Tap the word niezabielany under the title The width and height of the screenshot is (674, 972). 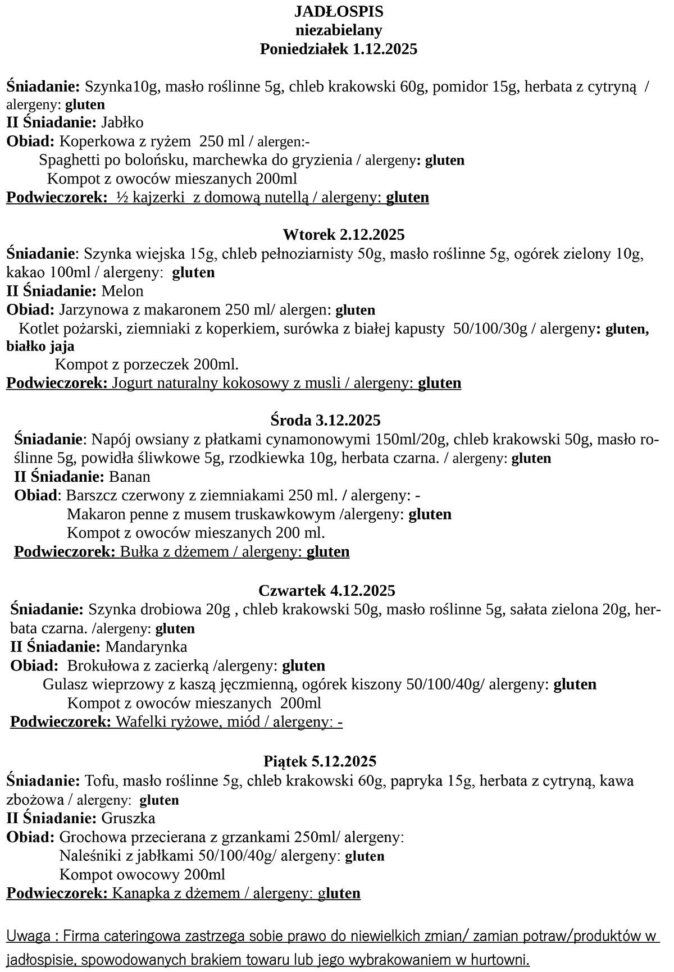pyautogui.click(x=339, y=30)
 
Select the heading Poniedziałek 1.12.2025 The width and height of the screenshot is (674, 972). pyautogui.click(x=339, y=49)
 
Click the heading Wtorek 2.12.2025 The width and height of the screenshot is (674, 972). pyautogui.click(x=344, y=234)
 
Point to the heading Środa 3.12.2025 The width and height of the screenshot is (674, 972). pyautogui.click(x=325, y=420)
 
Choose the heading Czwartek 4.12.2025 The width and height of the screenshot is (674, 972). pyautogui.click(x=327, y=590)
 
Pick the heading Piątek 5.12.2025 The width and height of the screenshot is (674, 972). pyautogui.click(x=320, y=761)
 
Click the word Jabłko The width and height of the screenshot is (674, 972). pyautogui.click(x=122, y=122)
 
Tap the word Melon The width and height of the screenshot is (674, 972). pyautogui.click(x=122, y=291)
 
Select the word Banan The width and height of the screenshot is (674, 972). pyautogui.click(x=130, y=477)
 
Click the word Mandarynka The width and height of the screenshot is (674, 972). pyautogui.click(x=145, y=646)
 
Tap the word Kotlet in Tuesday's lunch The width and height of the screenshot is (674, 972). pyautogui.click(x=38, y=328)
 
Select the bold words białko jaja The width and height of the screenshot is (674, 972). pyautogui.click(x=40, y=346)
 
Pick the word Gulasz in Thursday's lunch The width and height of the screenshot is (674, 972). pyautogui.click(x=63, y=684)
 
